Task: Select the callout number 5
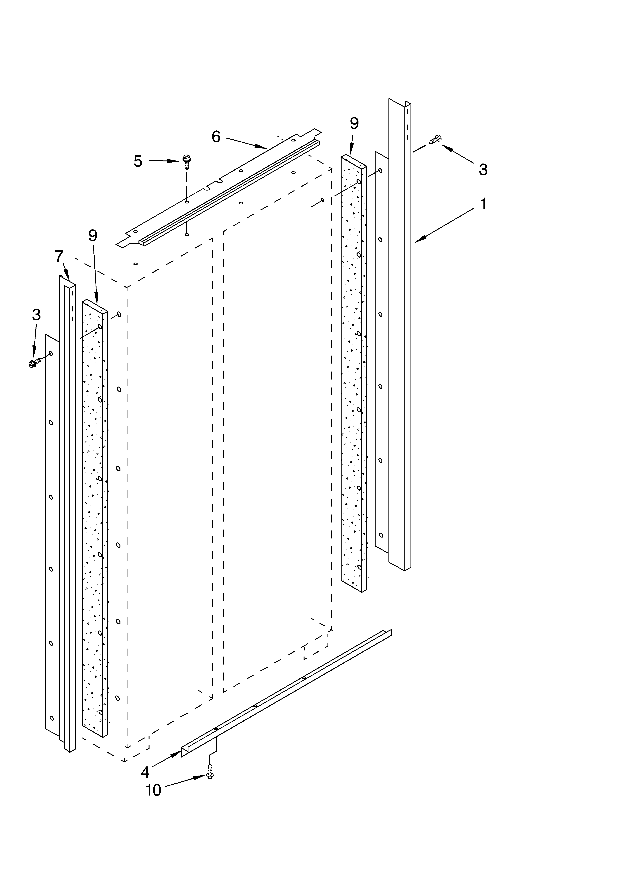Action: point(138,161)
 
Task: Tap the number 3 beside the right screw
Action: point(483,169)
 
